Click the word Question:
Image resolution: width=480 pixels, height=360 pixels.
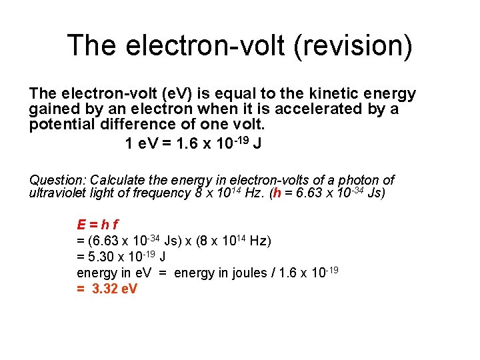(57, 180)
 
